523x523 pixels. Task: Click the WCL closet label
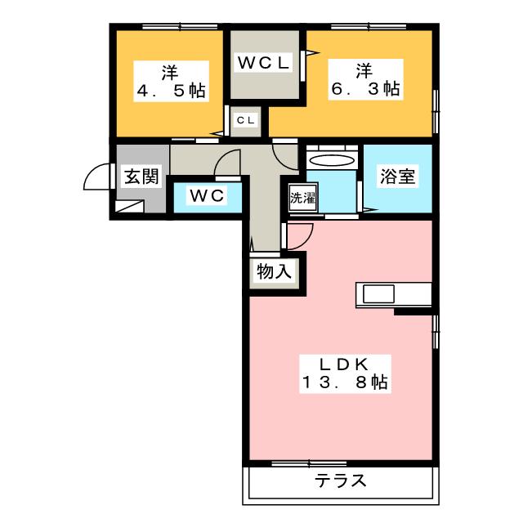click(263, 62)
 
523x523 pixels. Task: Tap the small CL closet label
click(245, 120)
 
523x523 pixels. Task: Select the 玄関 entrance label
click(141, 177)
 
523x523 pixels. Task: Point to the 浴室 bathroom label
click(396, 177)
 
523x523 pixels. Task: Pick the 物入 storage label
click(273, 271)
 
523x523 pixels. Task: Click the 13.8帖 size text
click(343, 382)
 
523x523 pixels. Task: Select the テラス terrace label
click(339, 481)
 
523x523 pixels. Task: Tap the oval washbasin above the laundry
click(332, 160)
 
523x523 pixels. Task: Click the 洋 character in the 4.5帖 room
click(170, 69)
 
